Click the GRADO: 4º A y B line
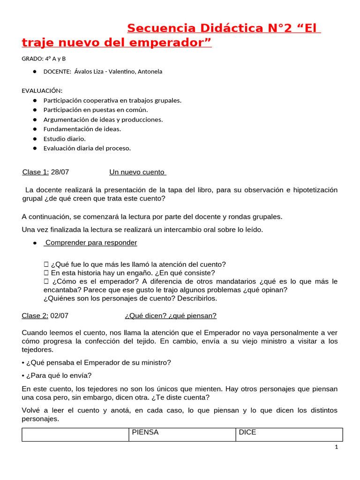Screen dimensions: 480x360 pos(44,59)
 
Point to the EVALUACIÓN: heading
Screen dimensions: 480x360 pos(42,90)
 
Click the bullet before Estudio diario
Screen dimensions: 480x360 pos(35,139)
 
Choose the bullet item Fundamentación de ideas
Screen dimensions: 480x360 pos(82,129)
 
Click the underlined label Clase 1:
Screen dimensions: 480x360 pos(36,172)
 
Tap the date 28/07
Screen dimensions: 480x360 pos(60,172)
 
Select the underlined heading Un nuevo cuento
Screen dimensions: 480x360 pos(137,172)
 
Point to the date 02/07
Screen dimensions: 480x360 pos(60,316)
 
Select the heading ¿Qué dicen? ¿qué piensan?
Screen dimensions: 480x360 pos(171,316)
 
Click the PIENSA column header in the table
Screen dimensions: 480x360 pos(145,433)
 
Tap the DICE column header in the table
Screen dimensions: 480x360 pos(247,433)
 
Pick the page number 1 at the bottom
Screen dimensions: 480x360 pos(337,447)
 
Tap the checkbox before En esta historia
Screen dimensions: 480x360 pos(46,273)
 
